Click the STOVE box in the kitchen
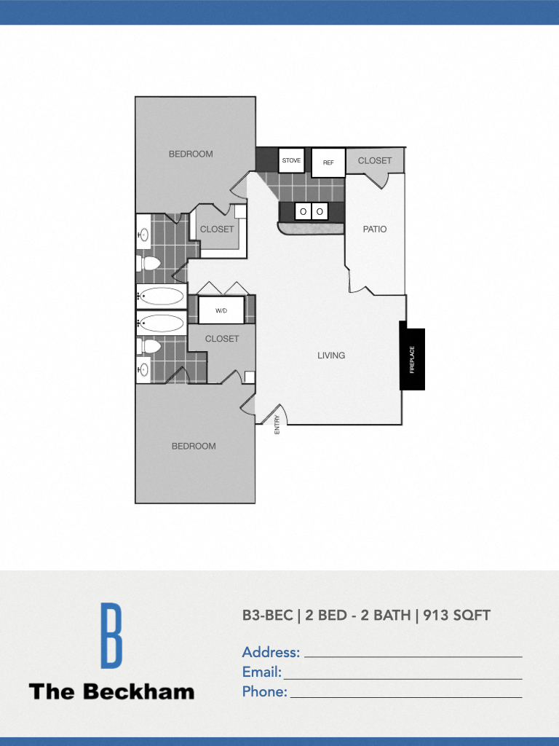tap(291, 160)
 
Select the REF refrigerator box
tap(328, 162)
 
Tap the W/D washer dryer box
tap(221, 310)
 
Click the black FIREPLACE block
tap(412, 359)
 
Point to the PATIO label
tap(375, 229)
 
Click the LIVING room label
tap(331, 356)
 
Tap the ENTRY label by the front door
tap(277, 425)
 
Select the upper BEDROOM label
tap(191, 154)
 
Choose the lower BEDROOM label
tap(194, 446)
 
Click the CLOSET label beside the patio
tap(375, 160)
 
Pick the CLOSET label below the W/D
tap(222, 339)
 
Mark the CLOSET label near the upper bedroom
tap(217, 229)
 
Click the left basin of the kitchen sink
tap(303, 211)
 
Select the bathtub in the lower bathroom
tap(162, 323)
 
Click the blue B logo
tap(111, 635)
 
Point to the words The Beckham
tap(111, 691)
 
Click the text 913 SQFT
tap(456, 615)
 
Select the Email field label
tap(261, 672)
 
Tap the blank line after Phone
tap(405, 695)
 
